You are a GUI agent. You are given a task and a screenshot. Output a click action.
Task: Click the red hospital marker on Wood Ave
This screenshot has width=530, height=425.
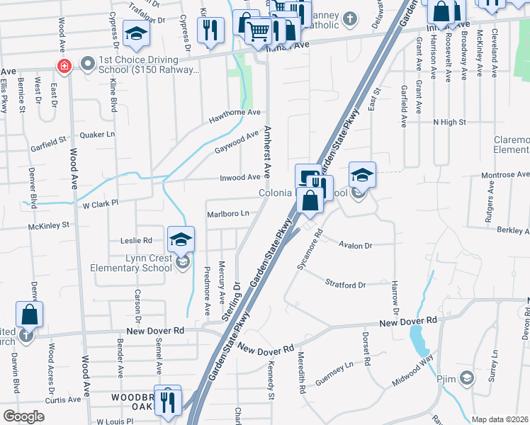[x=64, y=66]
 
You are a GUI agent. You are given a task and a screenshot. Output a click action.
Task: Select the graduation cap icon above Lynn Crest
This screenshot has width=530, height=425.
[x=181, y=239]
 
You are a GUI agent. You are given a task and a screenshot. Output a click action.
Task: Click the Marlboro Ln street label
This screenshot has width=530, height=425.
[x=228, y=213]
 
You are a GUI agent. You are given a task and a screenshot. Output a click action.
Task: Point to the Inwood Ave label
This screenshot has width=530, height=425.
[x=240, y=177]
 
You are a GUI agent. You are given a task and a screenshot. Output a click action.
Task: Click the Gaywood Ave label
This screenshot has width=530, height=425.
[x=237, y=141]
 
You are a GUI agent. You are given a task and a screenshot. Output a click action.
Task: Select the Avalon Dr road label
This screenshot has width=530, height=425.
[x=355, y=245]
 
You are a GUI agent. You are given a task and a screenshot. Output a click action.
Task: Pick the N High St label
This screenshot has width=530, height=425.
[x=449, y=122]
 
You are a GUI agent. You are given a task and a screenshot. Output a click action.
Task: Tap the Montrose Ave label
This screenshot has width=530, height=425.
[x=504, y=174]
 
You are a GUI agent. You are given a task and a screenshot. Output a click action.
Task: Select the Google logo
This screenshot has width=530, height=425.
[x=24, y=416]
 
